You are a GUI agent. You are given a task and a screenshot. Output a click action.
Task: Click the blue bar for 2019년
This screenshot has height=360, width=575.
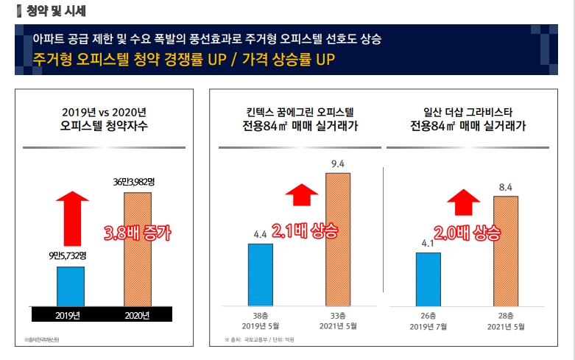(71, 285)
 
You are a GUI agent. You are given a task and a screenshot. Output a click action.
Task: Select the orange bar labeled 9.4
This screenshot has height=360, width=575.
(338, 239)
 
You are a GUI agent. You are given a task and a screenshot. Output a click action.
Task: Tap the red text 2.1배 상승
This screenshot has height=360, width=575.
(302, 230)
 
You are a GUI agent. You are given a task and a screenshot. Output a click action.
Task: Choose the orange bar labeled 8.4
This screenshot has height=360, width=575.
(506, 251)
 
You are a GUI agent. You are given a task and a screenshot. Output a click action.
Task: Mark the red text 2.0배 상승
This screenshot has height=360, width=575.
(467, 234)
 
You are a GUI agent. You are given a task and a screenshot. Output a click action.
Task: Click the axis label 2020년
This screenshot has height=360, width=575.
(137, 316)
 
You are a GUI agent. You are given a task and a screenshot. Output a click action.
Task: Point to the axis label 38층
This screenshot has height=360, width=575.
(261, 314)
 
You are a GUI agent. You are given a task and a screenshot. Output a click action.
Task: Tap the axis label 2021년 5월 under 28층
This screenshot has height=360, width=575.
(506, 325)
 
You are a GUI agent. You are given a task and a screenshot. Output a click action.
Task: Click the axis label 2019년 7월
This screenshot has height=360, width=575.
(428, 325)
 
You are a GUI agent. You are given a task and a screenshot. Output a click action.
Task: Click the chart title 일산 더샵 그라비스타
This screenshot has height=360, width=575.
(468, 113)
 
